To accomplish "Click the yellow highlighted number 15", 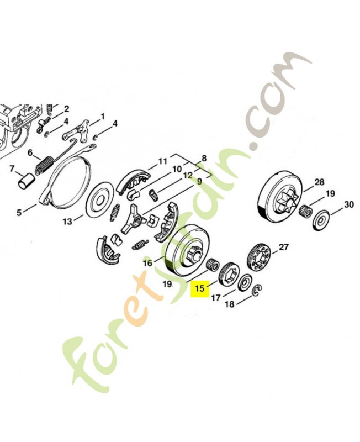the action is (200, 288).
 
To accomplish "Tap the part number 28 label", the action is (319, 182).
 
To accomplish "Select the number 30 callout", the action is (348, 204).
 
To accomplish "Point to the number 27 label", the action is (283, 247).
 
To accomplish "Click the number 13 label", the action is (67, 222).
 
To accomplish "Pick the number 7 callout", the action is (12, 169).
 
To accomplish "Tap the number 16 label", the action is (147, 264).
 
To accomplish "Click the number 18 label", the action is (230, 304).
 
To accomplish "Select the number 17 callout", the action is (215, 298).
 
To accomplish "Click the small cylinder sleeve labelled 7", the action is (25, 181).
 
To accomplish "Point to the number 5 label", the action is (19, 212).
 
